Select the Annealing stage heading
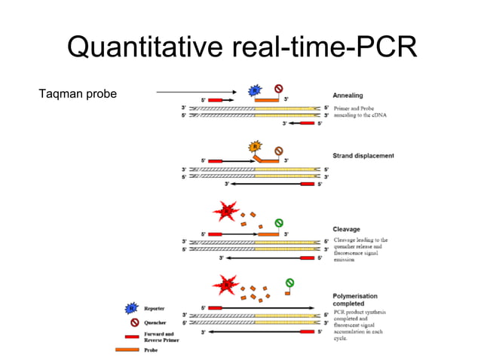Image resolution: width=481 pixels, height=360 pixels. [348, 96]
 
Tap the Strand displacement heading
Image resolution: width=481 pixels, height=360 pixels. [363, 156]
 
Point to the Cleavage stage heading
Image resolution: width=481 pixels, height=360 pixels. [348, 229]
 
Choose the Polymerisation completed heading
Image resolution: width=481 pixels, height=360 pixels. [355, 300]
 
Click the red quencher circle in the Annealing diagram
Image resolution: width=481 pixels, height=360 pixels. [278, 88]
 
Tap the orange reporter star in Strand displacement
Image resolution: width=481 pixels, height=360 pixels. [256, 147]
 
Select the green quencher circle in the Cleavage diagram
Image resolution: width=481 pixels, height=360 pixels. [279, 222]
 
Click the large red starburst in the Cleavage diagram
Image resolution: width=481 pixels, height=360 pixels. [227, 212]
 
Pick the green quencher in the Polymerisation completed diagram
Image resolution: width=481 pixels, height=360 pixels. [288, 283]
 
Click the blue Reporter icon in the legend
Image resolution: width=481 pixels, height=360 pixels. [132, 308]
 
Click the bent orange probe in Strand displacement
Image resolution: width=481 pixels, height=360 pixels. [265, 160]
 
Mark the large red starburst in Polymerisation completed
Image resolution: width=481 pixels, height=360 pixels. [227, 285]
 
